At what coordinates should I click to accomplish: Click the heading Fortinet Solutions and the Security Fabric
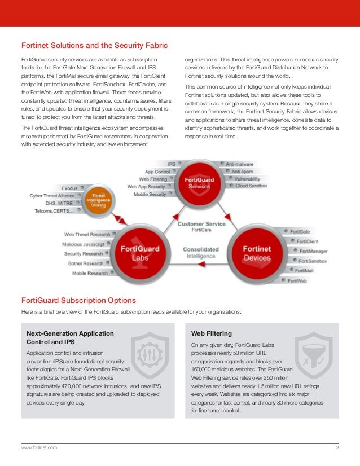[x=94, y=45]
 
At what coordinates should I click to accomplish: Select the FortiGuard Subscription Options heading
[x=78, y=300]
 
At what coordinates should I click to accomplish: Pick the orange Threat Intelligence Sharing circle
[x=98, y=201]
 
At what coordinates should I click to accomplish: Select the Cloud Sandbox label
[x=251, y=186]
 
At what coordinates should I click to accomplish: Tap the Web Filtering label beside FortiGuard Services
[x=154, y=179]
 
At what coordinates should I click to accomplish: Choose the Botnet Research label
[x=85, y=263]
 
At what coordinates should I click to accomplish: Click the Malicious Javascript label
[x=83, y=244]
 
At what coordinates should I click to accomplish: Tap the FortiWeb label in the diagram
[x=297, y=280]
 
